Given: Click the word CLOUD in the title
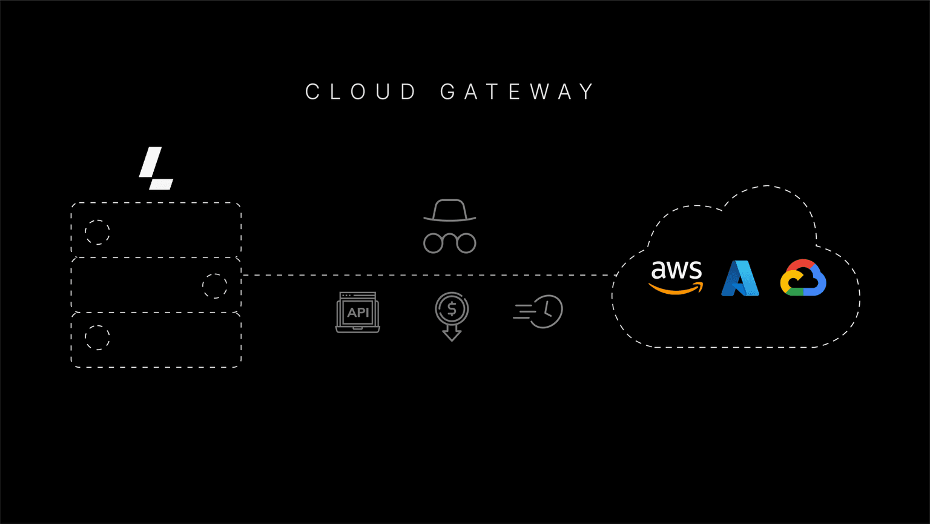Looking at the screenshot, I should point(361,92).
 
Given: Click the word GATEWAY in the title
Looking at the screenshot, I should point(518,92).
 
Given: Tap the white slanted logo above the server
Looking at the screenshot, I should point(156,168).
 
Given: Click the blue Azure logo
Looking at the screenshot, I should point(740,279).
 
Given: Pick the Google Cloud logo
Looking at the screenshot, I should point(803,278).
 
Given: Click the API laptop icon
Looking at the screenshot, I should point(358,313).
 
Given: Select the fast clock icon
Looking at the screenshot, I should point(538,311).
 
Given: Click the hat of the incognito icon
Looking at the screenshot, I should point(450,211).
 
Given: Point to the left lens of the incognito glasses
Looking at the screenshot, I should point(434,244).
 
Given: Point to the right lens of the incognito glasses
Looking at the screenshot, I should point(466,244).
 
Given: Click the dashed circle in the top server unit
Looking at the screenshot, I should point(97,232).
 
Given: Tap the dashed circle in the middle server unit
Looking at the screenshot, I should point(214,286).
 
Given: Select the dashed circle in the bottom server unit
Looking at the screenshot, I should point(97,337).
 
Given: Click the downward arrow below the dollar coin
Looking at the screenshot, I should point(452,333).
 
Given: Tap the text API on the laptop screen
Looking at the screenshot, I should point(358,313).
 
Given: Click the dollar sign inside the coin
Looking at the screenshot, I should point(452,309).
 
